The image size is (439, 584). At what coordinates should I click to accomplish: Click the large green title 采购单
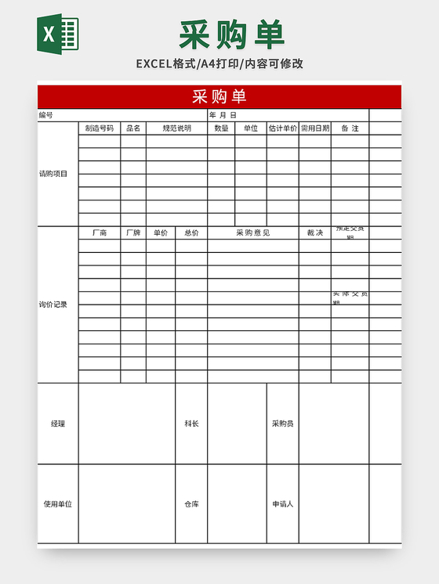click(x=232, y=35)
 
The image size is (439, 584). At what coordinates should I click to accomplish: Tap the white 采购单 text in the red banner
click(x=219, y=96)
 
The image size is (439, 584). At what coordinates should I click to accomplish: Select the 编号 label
click(x=46, y=115)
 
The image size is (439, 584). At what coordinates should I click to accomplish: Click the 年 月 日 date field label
click(x=223, y=115)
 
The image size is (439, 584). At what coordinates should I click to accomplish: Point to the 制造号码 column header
click(x=100, y=128)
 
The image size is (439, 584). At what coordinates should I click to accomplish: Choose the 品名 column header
click(x=133, y=128)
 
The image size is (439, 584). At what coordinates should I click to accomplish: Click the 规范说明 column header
click(x=176, y=128)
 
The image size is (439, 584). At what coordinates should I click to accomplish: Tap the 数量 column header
click(x=221, y=128)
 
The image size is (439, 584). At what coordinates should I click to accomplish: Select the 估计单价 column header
click(x=282, y=128)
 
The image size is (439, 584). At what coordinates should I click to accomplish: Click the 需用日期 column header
click(x=314, y=128)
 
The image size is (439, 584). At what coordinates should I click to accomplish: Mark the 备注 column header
click(x=350, y=128)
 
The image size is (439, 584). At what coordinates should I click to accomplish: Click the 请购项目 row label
click(x=53, y=174)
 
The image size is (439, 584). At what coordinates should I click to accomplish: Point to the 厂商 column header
click(x=100, y=233)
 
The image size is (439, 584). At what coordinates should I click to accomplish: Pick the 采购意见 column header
click(x=252, y=233)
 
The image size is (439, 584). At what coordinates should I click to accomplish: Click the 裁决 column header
click(x=314, y=233)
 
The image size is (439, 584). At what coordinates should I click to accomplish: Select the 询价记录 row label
click(x=53, y=305)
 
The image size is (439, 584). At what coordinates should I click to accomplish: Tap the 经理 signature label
click(x=58, y=424)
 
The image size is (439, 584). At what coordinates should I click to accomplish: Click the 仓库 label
click(x=191, y=504)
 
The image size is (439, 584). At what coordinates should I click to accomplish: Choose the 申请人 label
click(x=282, y=504)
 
